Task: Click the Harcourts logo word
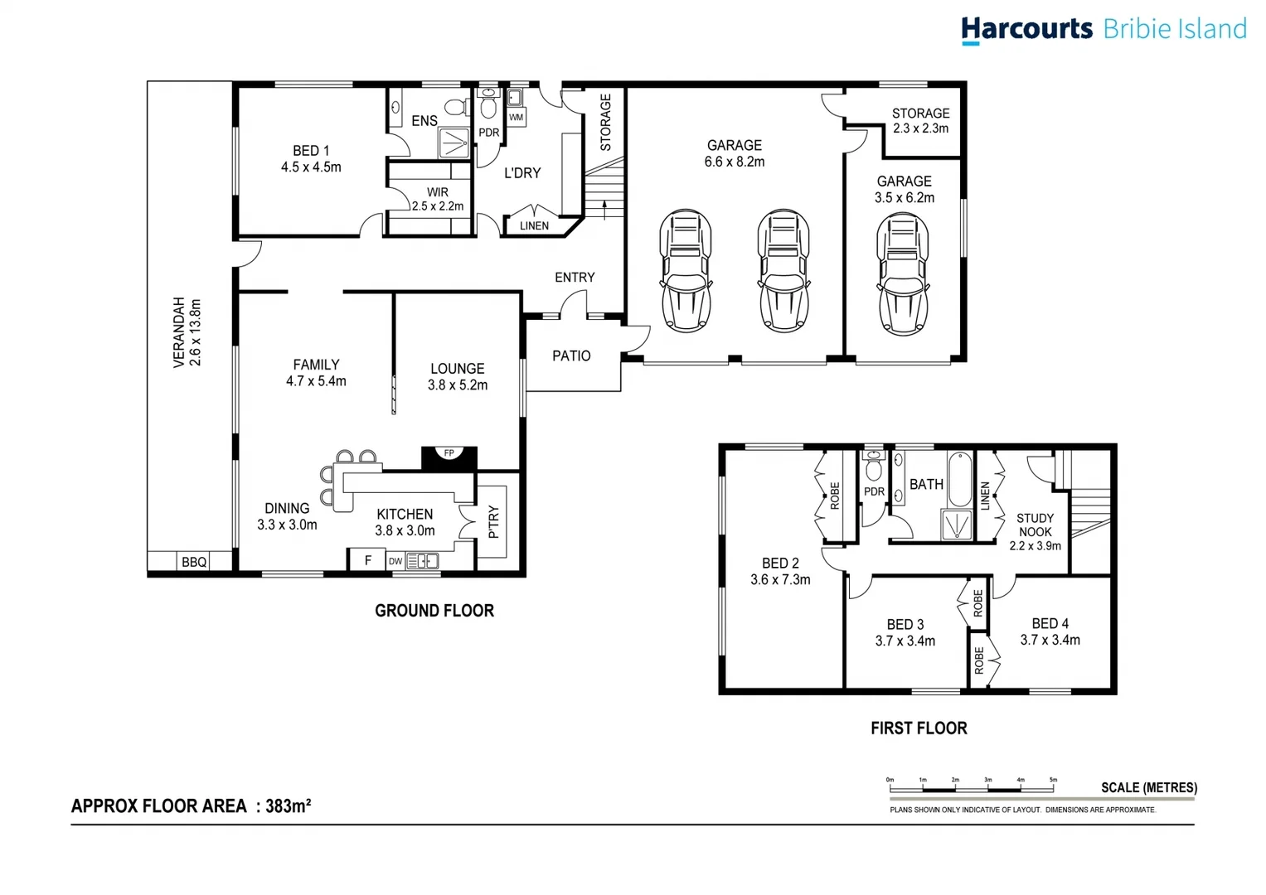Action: point(1026,29)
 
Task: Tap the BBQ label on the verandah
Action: point(194,562)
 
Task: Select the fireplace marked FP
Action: point(449,453)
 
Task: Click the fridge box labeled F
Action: point(367,561)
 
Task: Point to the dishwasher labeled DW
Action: point(395,562)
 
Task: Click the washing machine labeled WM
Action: point(516,117)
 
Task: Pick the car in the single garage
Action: point(902,273)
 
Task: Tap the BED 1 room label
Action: point(311,151)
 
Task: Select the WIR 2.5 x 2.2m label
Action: point(438,199)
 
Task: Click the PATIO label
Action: point(571,356)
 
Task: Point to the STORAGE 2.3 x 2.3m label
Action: point(920,121)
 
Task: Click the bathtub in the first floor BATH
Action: point(959,479)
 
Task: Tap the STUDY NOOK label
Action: point(1035,525)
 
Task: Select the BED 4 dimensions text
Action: point(1050,641)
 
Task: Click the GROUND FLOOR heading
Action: point(434,611)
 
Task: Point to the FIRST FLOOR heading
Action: point(919,728)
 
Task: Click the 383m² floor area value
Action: point(289,805)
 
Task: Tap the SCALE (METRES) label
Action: point(1148,787)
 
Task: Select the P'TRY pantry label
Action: point(494,522)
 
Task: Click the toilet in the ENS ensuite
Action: point(454,107)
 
